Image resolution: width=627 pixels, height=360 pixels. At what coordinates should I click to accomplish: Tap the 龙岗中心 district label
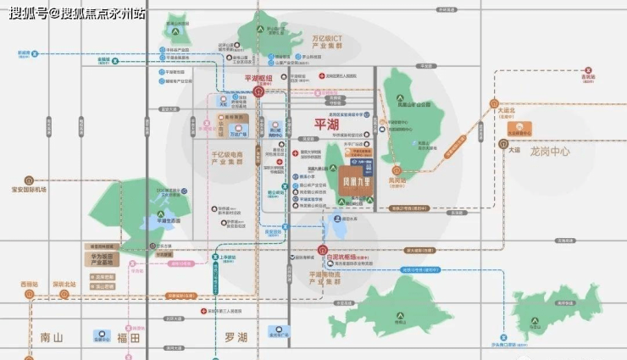pos(550,152)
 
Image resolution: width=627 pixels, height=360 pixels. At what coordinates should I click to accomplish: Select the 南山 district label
pos(52,337)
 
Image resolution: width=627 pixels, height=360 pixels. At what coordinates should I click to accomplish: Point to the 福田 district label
pos(128,337)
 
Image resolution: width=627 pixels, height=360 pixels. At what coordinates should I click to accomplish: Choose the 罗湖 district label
pos(236,337)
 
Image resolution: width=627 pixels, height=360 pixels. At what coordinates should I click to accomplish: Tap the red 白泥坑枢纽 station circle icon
pos(323,251)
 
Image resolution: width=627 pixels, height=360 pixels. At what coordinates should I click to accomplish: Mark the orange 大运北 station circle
pos(494,103)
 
